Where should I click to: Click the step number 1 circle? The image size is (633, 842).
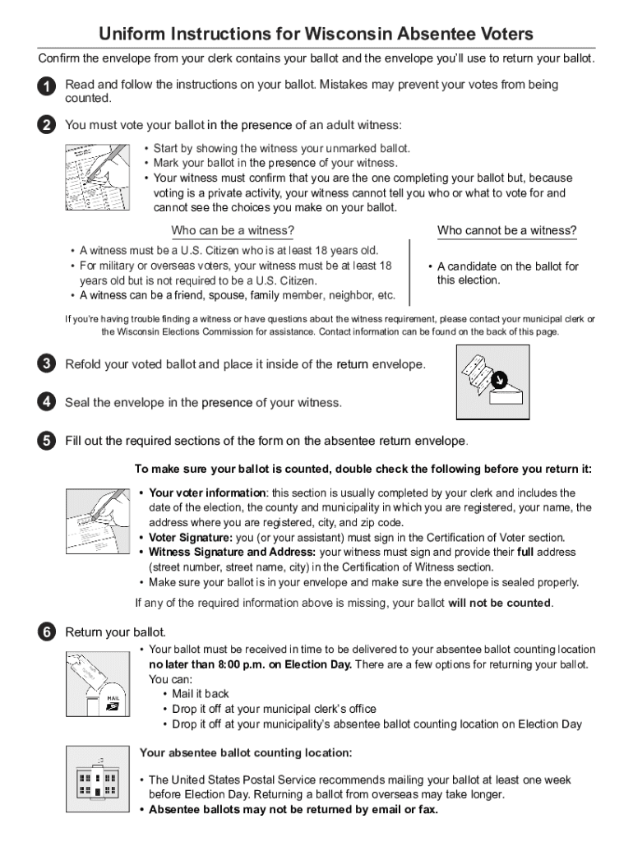pyautogui.click(x=46, y=86)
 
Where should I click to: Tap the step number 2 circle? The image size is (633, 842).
pyautogui.click(x=46, y=125)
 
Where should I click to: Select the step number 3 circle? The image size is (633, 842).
pyautogui.click(x=46, y=363)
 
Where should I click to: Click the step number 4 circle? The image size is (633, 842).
pyautogui.click(x=46, y=402)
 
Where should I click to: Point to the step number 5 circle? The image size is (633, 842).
pyautogui.click(x=46, y=441)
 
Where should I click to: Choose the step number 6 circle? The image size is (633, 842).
pyautogui.click(x=46, y=631)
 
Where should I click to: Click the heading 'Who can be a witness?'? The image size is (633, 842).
pyautogui.click(x=233, y=230)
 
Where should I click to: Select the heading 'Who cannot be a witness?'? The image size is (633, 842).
pyautogui.click(x=506, y=230)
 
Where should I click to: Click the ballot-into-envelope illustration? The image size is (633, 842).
pyautogui.click(x=492, y=381)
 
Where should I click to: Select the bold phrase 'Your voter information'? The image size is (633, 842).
pyautogui.click(x=207, y=493)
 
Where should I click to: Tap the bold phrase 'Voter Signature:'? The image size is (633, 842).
pyautogui.click(x=179, y=537)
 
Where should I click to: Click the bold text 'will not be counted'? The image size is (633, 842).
pyautogui.click(x=499, y=603)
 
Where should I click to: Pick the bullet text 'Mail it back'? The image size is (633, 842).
pyautogui.click(x=201, y=694)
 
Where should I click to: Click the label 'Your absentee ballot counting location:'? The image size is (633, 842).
pyautogui.click(x=246, y=752)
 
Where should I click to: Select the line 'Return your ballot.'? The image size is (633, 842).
pyautogui.click(x=116, y=631)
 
